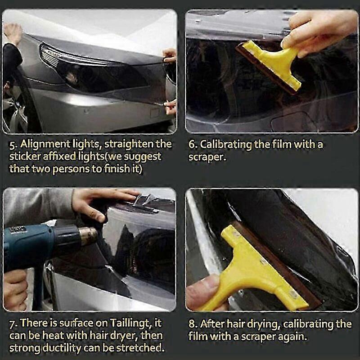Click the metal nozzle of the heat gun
[x=88, y=235]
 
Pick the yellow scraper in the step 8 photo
[x=260, y=269]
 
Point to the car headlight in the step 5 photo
[x=92, y=69]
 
